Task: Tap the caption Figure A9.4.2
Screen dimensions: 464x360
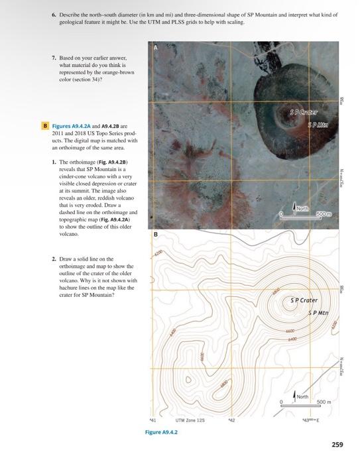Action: (x=161, y=431)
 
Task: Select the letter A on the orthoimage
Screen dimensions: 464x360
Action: (x=156, y=48)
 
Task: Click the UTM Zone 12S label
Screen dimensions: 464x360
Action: (x=190, y=420)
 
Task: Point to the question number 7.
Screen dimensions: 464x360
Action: (x=53, y=57)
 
